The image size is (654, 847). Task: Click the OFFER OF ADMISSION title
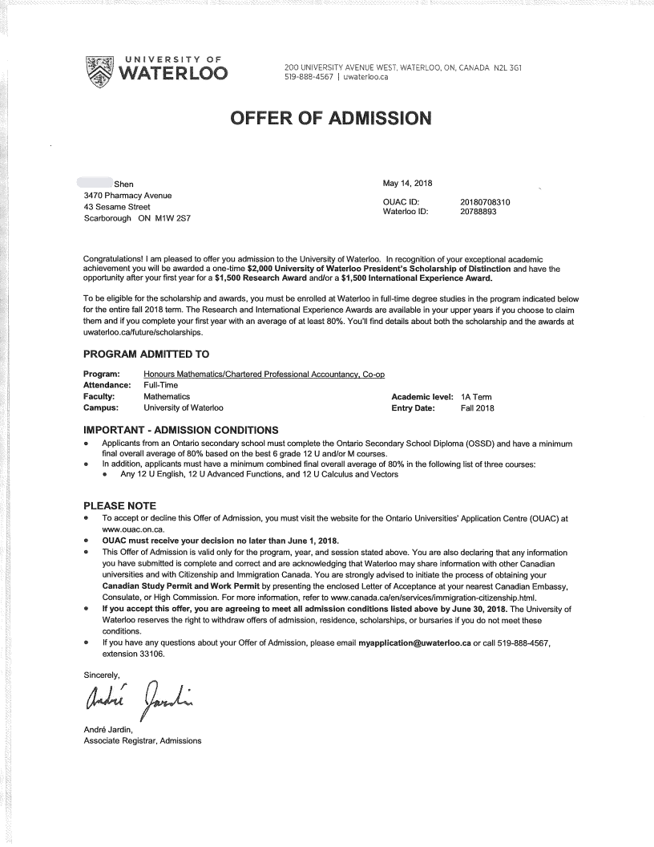(330, 119)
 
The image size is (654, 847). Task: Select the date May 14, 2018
(408, 184)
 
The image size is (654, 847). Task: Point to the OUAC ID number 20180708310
(486, 202)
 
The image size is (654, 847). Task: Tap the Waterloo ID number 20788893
(479, 212)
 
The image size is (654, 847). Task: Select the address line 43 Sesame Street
(117, 207)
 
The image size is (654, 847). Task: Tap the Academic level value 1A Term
(477, 397)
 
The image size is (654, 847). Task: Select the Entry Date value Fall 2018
(478, 408)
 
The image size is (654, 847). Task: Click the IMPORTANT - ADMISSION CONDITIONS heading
(181, 429)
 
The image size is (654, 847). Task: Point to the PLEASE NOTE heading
(120, 506)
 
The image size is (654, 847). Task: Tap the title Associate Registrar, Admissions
(143, 740)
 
